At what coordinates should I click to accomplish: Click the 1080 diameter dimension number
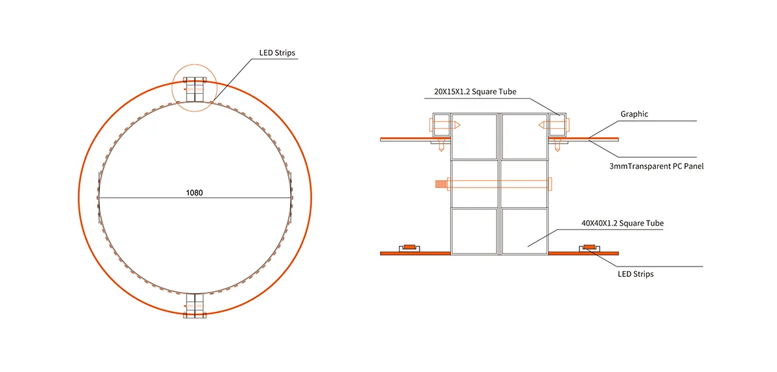click(194, 193)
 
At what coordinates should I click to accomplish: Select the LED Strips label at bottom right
click(635, 274)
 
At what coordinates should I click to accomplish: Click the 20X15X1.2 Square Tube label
click(470, 92)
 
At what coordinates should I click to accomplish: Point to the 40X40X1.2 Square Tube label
click(622, 223)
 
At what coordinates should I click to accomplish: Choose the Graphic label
click(634, 114)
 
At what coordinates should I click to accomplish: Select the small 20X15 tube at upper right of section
click(558, 125)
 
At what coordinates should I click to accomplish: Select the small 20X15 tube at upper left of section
click(440, 125)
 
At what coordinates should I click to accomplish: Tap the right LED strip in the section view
click(589, 247)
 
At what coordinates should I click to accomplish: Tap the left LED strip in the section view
click(410, 247)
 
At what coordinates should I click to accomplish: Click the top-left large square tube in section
click(475, 137)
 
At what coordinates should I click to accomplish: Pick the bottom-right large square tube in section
click(524, 231)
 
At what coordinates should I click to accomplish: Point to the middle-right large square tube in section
click(524, 184)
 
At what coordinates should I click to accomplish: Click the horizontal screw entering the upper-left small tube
click(447, 125)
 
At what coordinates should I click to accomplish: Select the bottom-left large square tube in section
click(475, 231)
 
